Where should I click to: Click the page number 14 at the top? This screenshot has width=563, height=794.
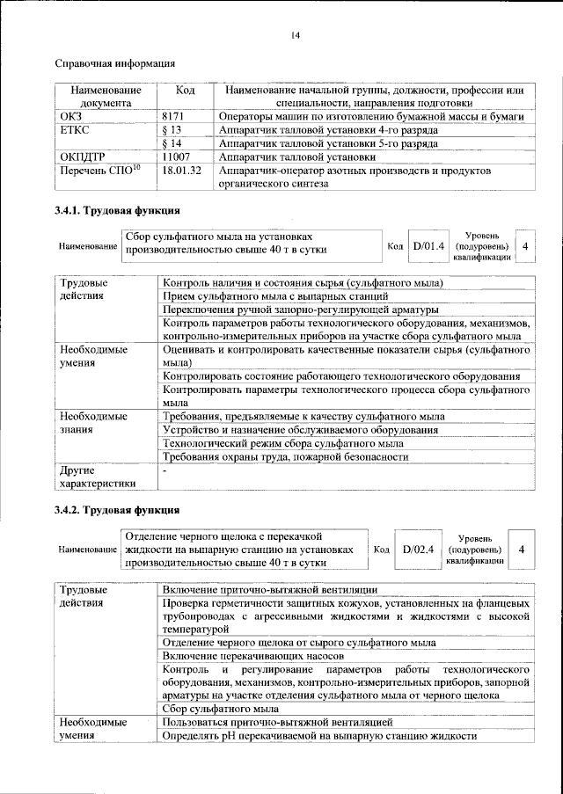coord(296,35)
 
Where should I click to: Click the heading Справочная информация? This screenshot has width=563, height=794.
coord(114,63)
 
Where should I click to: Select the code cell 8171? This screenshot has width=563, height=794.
coord(176,116)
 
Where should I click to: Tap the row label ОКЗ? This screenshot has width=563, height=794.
coord(70,116)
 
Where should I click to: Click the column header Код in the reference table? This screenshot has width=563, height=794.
coord(185,91)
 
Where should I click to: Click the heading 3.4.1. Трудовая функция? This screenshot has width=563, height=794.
coord(117,211)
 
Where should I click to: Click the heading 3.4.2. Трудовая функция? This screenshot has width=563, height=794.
coord(117,510)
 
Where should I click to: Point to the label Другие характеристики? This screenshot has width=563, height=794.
coord(98,477)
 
